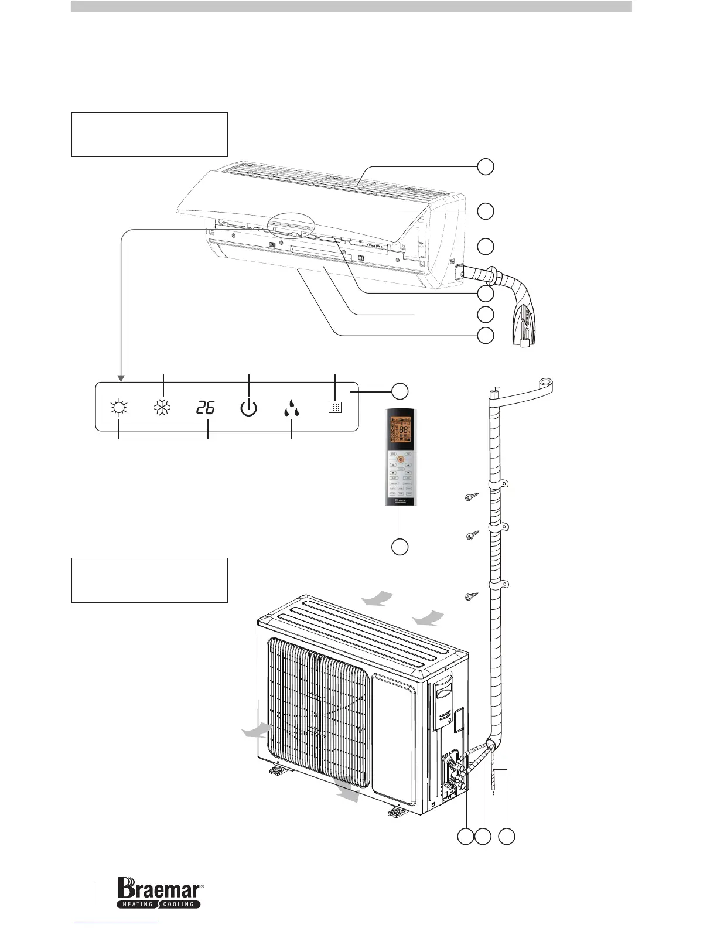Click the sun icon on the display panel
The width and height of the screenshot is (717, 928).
119,408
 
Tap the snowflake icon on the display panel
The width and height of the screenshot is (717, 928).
161,408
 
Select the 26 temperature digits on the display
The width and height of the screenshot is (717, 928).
206,408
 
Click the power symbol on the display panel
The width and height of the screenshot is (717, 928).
248,408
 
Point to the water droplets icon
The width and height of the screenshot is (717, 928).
291,408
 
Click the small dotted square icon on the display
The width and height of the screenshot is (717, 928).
335,408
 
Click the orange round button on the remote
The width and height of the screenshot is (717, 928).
401,459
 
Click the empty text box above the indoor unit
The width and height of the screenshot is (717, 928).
149,135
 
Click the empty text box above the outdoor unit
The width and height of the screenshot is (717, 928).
149,580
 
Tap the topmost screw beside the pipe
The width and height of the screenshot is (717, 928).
471,499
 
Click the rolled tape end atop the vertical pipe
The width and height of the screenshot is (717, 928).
540,385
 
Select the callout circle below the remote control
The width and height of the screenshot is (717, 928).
400,547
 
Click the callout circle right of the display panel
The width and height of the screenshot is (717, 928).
400,390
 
